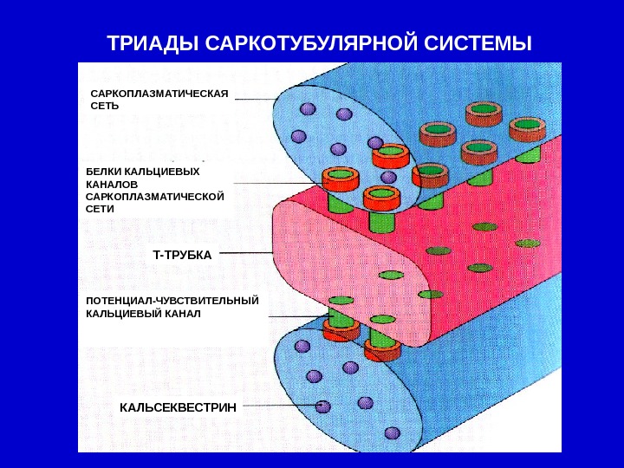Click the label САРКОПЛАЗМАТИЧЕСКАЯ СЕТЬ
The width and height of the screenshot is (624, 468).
coord(158,99)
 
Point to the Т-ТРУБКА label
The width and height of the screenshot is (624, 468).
coord(182,255)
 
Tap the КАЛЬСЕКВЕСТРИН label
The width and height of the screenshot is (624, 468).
coord(178,406)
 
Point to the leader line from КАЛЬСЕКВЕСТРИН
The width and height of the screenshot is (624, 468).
coord(277,405)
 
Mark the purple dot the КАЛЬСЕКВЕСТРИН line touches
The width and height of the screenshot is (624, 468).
coord(323,405)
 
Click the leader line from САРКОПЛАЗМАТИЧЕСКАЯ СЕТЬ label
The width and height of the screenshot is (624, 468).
coord(256,99)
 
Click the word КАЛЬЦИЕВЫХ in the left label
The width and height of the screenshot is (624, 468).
coord(162,172)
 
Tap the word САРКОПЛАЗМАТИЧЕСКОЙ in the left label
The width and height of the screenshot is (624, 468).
coord(154,197)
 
